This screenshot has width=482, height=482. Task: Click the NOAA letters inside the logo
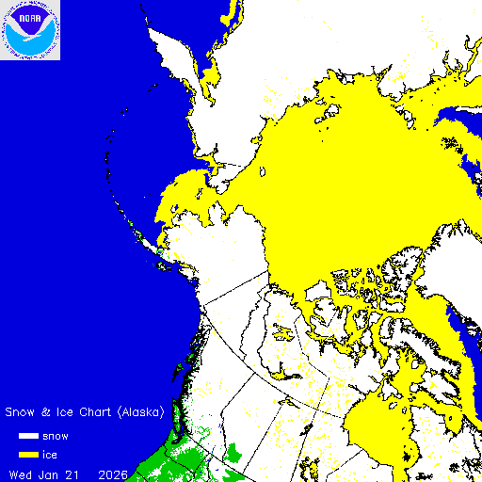(31, 16)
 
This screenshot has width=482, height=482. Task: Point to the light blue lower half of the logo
(31, 43)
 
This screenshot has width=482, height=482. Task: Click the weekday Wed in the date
(21, 473)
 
